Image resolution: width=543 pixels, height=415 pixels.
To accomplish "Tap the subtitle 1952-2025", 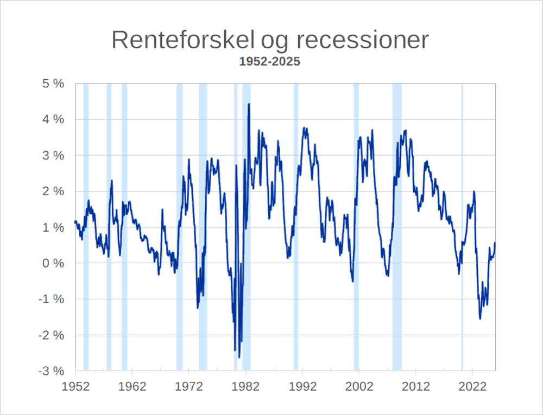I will click(x=270, y=62).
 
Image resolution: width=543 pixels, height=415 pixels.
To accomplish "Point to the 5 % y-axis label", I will click(x=54, y=84).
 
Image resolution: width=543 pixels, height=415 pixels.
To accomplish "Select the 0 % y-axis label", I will click(x=54, y=264).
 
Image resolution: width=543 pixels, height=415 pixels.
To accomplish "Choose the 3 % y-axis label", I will click(x=54, y=156).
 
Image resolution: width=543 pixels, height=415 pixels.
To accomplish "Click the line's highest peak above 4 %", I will click(x=249, y=104).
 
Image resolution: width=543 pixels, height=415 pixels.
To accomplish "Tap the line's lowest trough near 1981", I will click(x=239, y=357).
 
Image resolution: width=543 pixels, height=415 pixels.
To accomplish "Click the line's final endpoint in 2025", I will click(x=495, y=243).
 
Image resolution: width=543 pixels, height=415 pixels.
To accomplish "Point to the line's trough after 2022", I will click(x=480, y=318).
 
